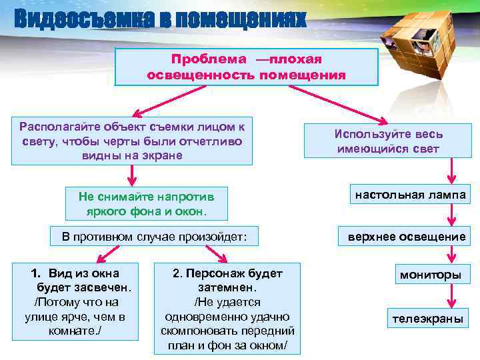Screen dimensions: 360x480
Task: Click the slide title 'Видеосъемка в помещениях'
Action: tap(159, 19)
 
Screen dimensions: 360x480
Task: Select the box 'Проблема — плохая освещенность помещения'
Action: tap(246, 67)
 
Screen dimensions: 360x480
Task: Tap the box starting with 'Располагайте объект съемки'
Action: tap(132, 141)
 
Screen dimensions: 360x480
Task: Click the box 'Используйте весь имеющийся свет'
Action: tap(388, 141)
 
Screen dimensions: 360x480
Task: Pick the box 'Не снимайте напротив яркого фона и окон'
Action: tap(147, 203)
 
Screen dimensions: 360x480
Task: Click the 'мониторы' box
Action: tap(430, 274)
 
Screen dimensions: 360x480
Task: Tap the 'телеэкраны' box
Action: tap(427, 318)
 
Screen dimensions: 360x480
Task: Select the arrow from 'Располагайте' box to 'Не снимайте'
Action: tap(131, 175)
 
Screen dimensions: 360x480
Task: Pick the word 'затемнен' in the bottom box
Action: tap(227, 288)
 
